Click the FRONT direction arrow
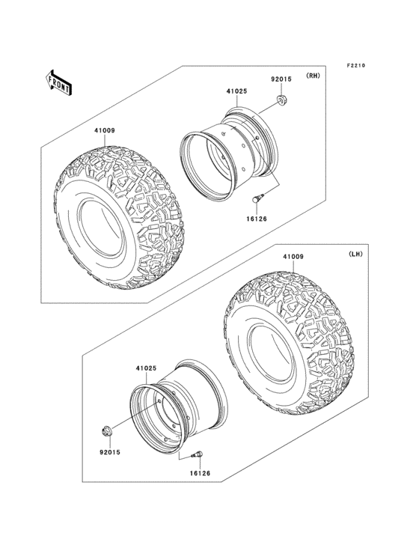click(59, 82)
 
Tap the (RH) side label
click(312, 76)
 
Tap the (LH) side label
click(355, 255)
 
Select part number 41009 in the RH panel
click(104, 131)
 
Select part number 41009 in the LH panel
click(293, 257)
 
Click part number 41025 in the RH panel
click(236, 93)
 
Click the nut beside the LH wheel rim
click(107, 431)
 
